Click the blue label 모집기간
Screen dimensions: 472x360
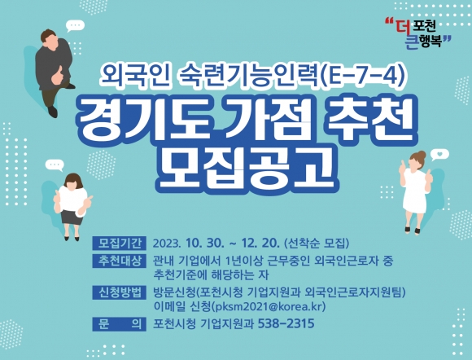[119, 243]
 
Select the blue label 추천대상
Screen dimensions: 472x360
[119, 261]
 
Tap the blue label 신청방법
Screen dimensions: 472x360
[119, 292]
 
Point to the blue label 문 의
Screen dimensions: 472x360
[119, 324]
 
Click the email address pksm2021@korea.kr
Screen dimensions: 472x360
[269, 307]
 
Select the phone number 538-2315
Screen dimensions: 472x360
[286, 324]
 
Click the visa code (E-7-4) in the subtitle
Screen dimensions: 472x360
[362, 77]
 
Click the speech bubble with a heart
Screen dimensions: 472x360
[439, 155]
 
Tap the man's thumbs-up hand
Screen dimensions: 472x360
[57, 76]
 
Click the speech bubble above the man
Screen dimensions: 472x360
[75, 26]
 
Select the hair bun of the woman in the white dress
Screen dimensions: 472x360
[421, 155]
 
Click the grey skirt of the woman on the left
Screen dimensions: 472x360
[72, 217]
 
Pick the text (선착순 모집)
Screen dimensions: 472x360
[317, 243]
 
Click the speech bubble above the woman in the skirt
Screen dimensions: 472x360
[55, 165]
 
